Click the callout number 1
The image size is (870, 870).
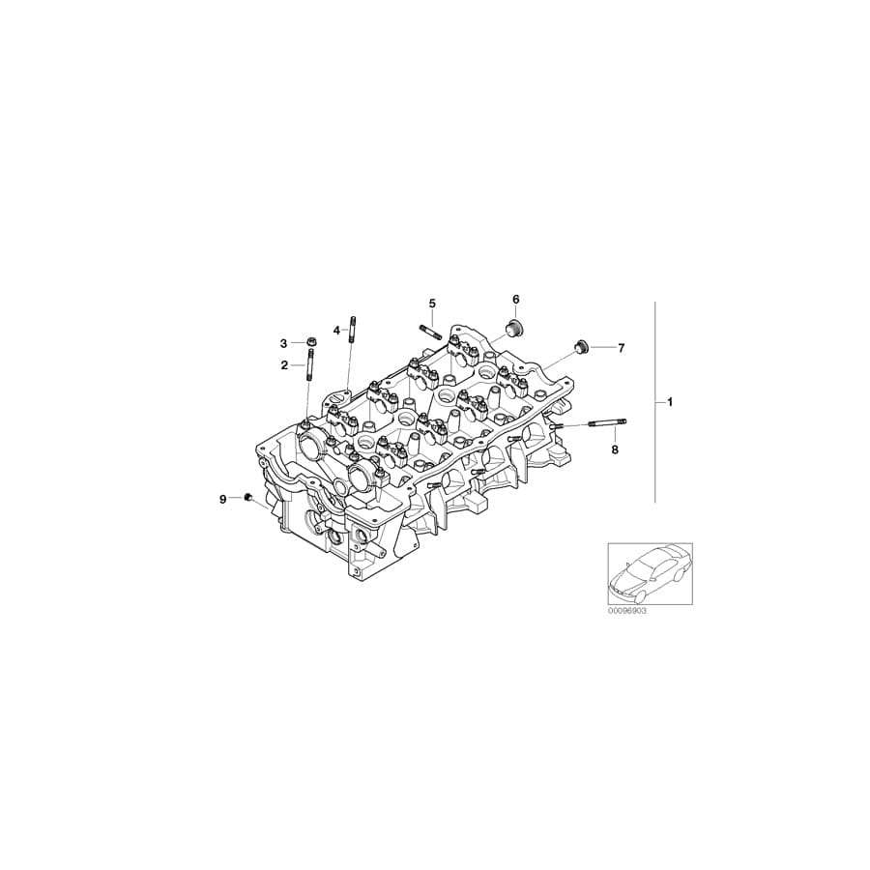[x=669, y=401]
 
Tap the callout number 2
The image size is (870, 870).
[x=284, y=365]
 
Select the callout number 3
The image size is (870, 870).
[x=284, y=343]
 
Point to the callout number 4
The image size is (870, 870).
[x=337, y=331]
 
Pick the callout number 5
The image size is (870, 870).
[x=432, y=304]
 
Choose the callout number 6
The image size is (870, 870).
[x=515, y=300]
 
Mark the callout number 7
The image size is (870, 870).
[x=621, y=347]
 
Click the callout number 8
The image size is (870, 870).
[x=613, y=449]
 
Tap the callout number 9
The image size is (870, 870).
[x=222, y=499]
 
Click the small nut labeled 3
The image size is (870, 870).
[x=310, y=342]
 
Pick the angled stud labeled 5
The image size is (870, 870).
[x=431, y=332]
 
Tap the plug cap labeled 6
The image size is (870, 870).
[x=515, y=327]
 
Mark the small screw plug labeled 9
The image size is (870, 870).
[x=248, y=498]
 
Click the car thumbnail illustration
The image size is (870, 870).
[x=650, y=574]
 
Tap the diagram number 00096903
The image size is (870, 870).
[x=626, y=613]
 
